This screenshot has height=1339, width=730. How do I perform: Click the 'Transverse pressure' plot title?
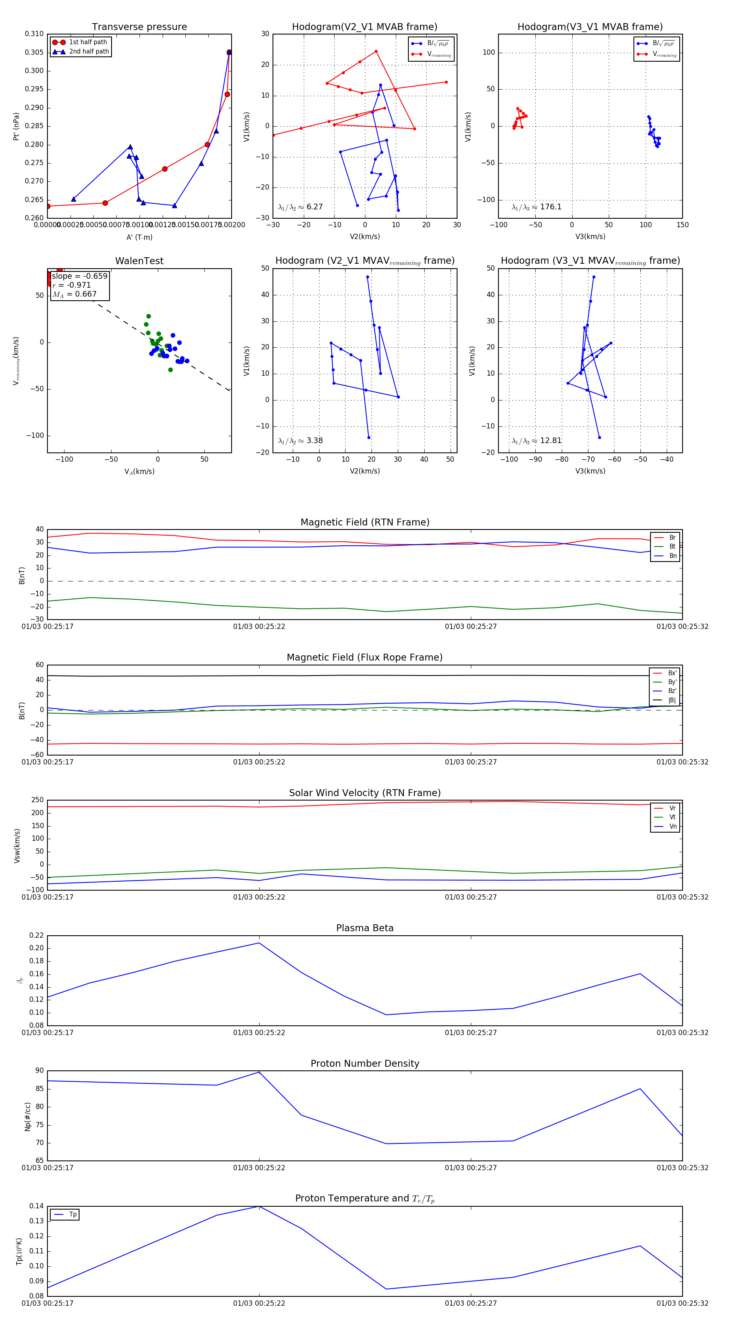click(x=139, y=27)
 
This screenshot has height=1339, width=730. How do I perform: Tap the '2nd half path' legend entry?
click(x=89, y=52)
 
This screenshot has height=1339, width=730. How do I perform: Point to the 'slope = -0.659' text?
click(x=79, y=276)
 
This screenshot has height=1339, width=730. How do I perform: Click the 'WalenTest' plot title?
click(x=139, y=261)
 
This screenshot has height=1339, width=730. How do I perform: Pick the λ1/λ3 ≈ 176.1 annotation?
click(x=537, y=207)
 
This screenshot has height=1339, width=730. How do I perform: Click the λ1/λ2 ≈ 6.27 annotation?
click(x=300, y=207)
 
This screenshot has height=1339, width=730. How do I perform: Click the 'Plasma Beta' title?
click(x=365, y=928)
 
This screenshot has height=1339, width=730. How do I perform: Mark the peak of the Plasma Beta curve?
click(x=259, y=943)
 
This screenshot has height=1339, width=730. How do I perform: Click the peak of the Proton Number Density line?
click(x=259, y=1072)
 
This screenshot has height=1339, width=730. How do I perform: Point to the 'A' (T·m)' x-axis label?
click(x=139, y=237)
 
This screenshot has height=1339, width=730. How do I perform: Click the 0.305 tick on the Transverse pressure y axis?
click(x=34, y=52)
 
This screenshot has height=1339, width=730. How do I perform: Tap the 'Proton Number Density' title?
click(x=365, y=1063)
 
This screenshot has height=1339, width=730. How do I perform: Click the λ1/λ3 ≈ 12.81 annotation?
click(x=537, y=441)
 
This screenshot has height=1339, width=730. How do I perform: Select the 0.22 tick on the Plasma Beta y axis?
click(x=36, y=936)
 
